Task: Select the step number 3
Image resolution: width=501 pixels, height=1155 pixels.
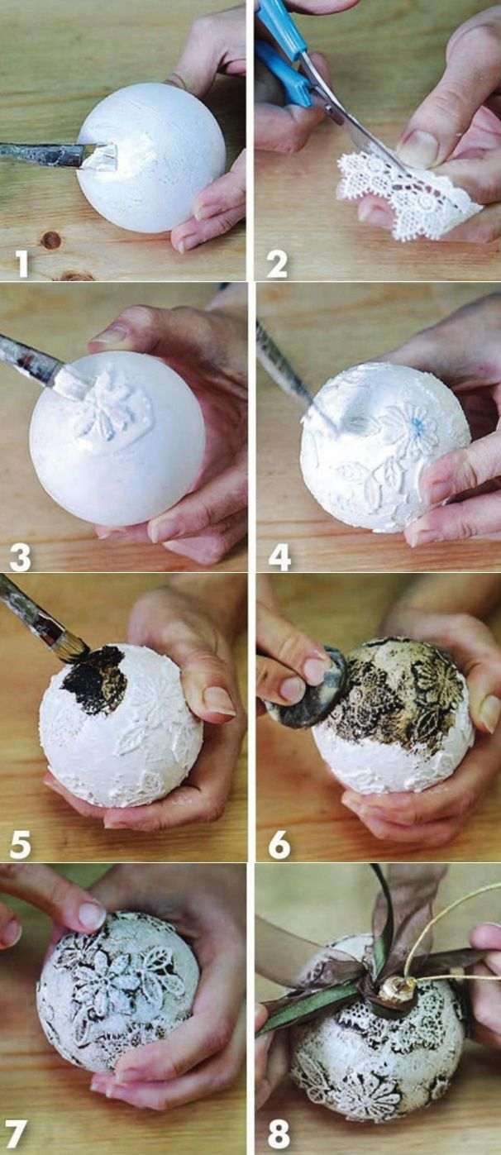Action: [x=21, y=557]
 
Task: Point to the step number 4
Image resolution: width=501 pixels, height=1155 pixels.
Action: [x=279, y=557]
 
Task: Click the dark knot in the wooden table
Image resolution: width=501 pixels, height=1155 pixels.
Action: [x=51, y=239]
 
